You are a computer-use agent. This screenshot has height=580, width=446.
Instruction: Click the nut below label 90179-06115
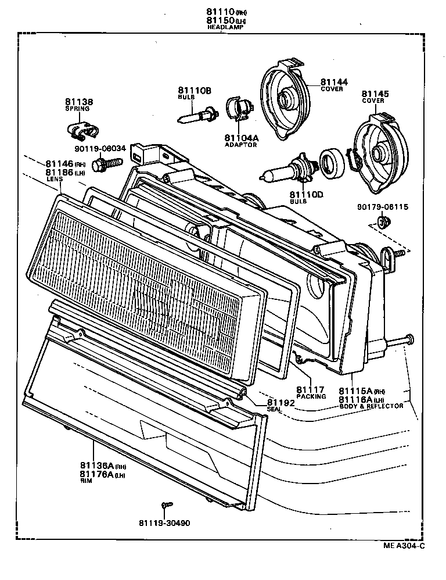tap(382, 222)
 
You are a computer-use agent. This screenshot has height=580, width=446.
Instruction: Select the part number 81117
tap(310, 389)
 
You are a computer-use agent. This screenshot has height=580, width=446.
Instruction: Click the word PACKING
tap(311, 397)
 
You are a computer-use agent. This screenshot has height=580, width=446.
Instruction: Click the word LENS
tap(54, 180)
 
